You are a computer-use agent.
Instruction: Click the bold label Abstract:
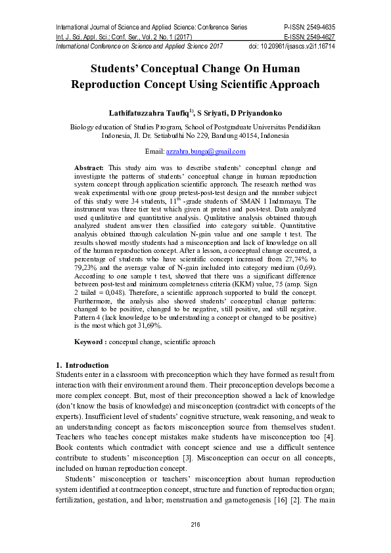(89, 169)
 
